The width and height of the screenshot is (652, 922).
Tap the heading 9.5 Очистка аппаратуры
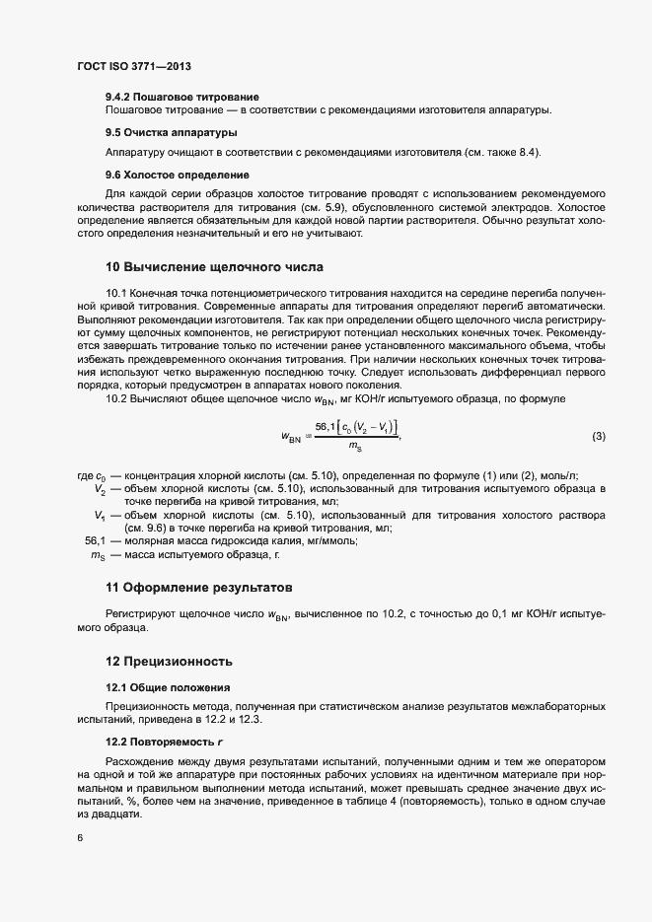click(170, 132)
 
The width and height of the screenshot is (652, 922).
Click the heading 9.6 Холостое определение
click(177, 176)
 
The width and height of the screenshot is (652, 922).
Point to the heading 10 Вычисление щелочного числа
click(214, 267)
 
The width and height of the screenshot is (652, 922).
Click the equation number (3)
click(599, 436)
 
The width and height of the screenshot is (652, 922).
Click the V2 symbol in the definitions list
click(101, 489)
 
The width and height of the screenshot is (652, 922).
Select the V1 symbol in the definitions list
click(101, 515)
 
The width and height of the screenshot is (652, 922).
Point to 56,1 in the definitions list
click(96, 540)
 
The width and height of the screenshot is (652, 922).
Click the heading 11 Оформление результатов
click(199, 589)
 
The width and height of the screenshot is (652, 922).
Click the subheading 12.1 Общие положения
click(168, 686)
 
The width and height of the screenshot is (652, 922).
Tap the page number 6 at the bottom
click(80, 838)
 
